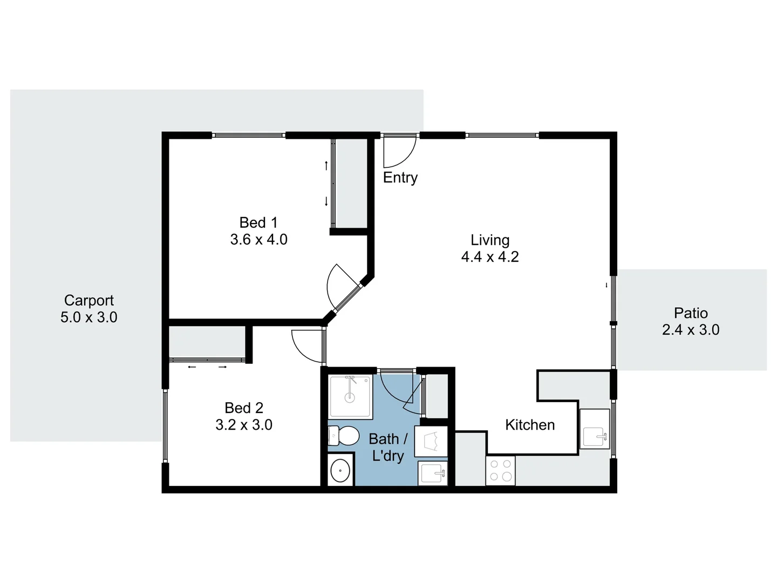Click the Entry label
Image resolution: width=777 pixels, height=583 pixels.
click(x=400, y=178)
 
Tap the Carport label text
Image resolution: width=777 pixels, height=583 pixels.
click(x=89, y=300)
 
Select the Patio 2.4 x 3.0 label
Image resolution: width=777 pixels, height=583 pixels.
click(x=691, y=322)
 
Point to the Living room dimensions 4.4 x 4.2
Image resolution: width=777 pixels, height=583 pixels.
click(x=490, y=257)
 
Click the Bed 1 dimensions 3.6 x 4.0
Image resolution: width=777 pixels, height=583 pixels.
click(x=258, y=240)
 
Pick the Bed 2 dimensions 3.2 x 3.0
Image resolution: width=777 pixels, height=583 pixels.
click(x=244, y=425)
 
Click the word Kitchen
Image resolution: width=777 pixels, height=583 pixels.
click(x=530, y=425)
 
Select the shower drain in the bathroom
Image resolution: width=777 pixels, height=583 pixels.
click(x=350, y=398)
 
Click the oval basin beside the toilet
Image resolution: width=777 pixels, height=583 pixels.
click(x=340, y=471)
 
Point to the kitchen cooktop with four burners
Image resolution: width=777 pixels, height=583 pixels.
click(x=500, y=470)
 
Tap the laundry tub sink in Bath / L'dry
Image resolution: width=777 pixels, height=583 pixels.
click(x=433, y=473)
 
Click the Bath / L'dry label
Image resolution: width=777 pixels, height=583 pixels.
click(x=388, y=448)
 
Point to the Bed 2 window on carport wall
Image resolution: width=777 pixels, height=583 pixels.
click(x=165, y=426)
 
